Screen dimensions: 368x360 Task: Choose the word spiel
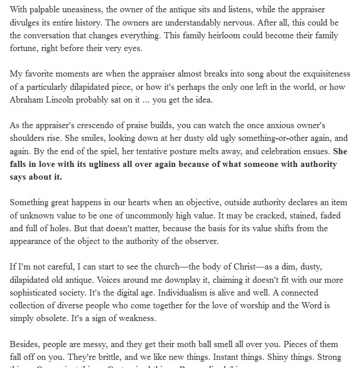tap(112, 151)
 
